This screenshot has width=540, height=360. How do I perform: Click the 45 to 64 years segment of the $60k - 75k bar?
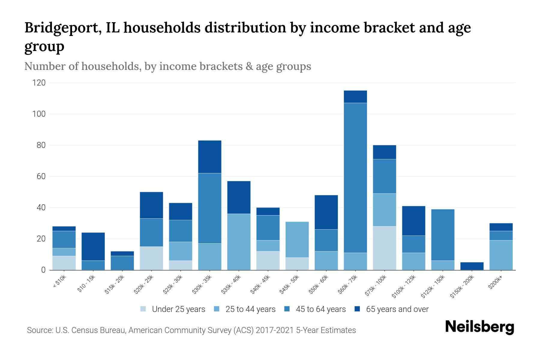(355, 178)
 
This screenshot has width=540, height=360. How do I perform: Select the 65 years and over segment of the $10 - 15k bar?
(93, 246)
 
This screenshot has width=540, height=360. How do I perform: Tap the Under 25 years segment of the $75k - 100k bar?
(384, 248)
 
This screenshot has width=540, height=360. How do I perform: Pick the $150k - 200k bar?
(472, 266)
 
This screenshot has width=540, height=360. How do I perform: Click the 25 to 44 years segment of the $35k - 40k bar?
(239, 242)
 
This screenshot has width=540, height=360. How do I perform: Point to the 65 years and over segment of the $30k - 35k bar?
(210, 157)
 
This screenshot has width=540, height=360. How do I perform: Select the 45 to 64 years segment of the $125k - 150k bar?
(442, 235)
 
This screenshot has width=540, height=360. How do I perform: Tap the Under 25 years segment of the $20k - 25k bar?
(151, 258)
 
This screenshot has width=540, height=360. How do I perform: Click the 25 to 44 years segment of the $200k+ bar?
(501, 255)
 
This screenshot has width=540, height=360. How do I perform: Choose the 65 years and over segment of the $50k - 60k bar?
(326, 212)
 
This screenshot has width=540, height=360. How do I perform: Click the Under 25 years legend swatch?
(143, 309)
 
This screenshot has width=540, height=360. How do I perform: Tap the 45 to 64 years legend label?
(321, 309)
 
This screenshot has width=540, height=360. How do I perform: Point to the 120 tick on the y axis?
(39, 83)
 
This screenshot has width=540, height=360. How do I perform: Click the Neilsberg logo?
(479, 327)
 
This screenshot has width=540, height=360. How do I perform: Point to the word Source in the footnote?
(39, 330)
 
